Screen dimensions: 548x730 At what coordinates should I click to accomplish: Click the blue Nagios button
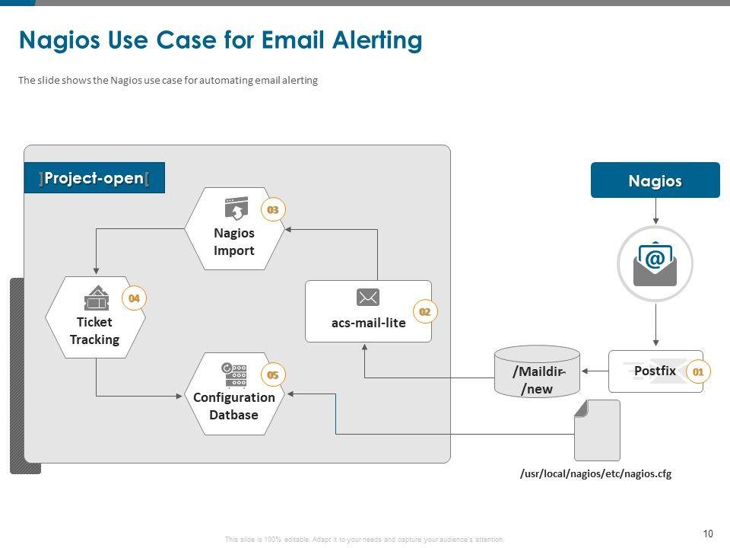[655, 180]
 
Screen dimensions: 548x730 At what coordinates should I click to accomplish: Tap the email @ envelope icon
[655, 263]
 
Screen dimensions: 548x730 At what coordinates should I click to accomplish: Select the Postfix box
[655, 371]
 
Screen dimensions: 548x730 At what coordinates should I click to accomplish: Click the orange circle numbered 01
[697, 371]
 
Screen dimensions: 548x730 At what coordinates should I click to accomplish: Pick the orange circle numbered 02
[425, 311]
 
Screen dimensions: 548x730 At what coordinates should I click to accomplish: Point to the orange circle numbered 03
[272, 209]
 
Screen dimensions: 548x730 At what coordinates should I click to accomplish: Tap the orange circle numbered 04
[134, 298]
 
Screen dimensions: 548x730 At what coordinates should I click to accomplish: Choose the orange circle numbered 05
[272, 374]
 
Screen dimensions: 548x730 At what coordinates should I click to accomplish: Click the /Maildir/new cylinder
[537, 372]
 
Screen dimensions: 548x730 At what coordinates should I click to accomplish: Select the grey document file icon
[597, 430]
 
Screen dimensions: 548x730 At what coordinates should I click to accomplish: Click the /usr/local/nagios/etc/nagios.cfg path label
[595, 473]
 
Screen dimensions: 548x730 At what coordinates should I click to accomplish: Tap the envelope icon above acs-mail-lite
[368, 298]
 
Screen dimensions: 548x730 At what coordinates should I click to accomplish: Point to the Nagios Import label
[234, 242]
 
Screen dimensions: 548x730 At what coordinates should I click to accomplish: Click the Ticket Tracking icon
[96, 298]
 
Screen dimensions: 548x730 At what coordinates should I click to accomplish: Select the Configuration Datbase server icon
[234, 374]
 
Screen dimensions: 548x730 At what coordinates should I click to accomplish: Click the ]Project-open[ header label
[94, 178]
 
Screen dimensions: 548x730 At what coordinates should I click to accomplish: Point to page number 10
[709, 534]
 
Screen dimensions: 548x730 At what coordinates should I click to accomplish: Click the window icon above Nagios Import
[236, 208]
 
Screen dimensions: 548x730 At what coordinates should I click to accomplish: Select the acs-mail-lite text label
[368, 323]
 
